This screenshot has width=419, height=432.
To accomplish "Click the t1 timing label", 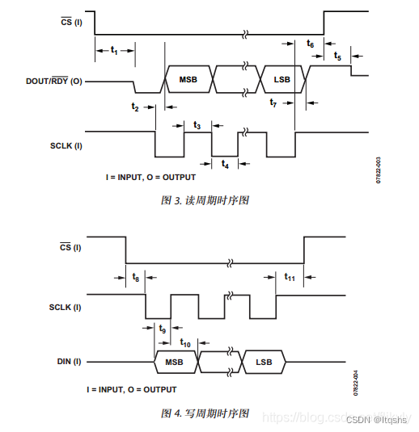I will click(x=114, y=51).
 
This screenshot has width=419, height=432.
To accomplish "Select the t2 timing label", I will click(x=135, y=107).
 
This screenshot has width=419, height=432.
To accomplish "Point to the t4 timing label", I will click(x=225, y=165).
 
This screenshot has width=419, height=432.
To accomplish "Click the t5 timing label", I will click(x=337, y=57).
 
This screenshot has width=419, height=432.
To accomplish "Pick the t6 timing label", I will click(x=311, y=44).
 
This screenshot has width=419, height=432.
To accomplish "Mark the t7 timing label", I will click(x=273, y=103).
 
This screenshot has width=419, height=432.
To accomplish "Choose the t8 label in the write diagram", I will click(x=136, y=277).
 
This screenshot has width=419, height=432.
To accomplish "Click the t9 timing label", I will click(x=163, y=329).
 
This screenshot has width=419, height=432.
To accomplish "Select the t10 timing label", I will click(x=185, y=342).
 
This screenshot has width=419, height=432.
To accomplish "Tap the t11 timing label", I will click(x=290, y=277).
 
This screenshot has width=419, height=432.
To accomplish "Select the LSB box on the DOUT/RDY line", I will click(x=282, y=80).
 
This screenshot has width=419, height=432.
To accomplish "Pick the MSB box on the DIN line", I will click(x=175, y=363).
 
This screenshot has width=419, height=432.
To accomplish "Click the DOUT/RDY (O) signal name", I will click(x=54, y=81).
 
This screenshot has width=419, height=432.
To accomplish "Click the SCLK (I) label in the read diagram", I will click(x=66, y=145).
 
